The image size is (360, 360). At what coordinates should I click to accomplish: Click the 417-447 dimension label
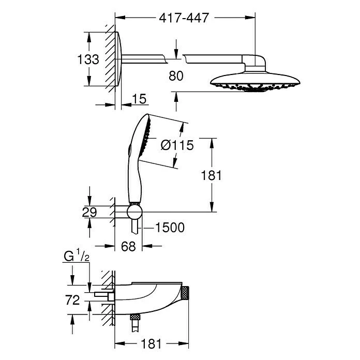coord(185,18)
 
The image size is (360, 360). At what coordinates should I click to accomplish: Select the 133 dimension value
coord(88,60)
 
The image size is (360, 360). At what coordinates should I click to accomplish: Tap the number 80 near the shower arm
coord(176,76)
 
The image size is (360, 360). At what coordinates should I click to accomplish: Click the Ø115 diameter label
coord(177,145)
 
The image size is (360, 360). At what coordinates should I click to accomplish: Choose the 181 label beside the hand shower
coord(211,175)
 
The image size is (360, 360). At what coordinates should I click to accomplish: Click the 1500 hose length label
coord(170,228)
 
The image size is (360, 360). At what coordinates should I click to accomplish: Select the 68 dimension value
coord(128,247)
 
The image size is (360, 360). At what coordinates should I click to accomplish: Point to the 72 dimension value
coord(72,300)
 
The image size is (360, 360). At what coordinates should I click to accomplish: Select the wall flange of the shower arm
coord(119,59)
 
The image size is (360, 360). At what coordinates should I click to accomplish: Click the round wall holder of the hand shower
coord(136,212)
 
